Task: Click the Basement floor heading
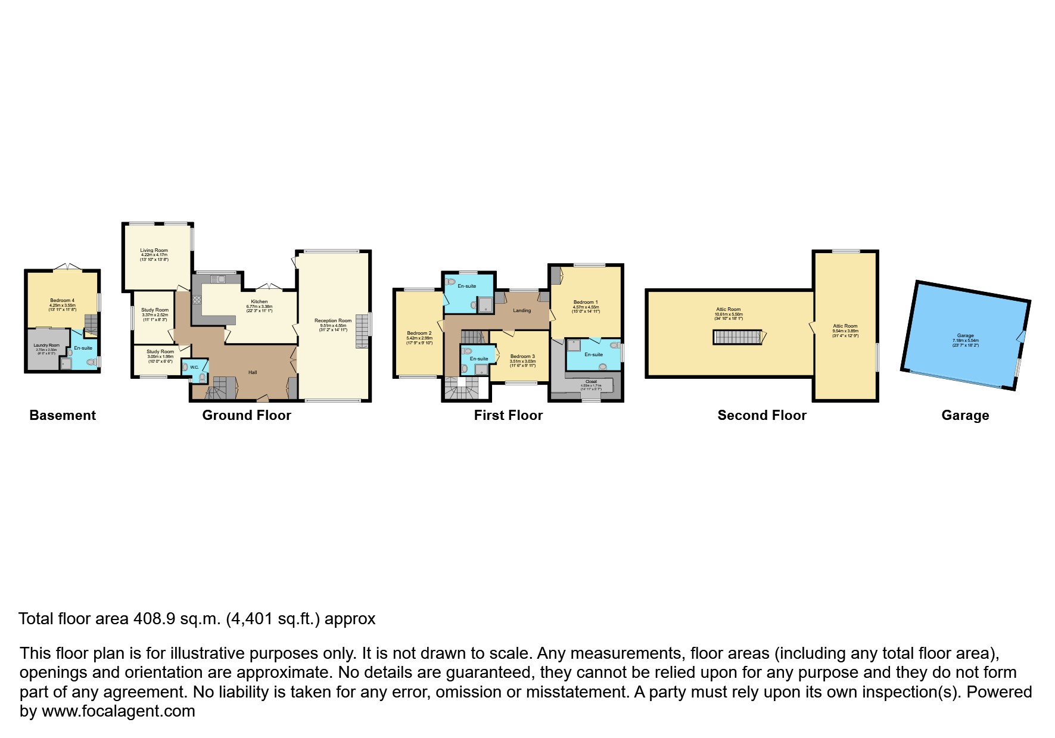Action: click(x=63, y=416)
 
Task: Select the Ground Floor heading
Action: click(x=247, y=416)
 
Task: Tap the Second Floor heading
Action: click(x=762, y=416)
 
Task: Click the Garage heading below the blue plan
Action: click(x=965, y=416)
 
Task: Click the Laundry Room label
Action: click(x=46, y=345)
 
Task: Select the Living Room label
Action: click(x=154, y=251)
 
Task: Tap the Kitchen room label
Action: click(x=259, y=302)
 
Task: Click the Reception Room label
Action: click(x=333, y=320)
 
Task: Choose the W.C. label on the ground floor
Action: click(x=194, y=367)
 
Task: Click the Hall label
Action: click(x=253, y=372)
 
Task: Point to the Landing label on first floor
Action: click(x=522, y=310)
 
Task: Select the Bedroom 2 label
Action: click(x=419, y=333)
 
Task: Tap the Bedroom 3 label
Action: click(x=522, y=356)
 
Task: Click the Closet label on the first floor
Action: click(x=591, y=381)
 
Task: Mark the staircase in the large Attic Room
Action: click(x=738, y=337)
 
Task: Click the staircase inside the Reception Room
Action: click(x=362, y=331)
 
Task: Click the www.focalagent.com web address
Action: click(x=119, y=711)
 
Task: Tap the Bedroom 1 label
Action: click(x=585, y=302)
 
